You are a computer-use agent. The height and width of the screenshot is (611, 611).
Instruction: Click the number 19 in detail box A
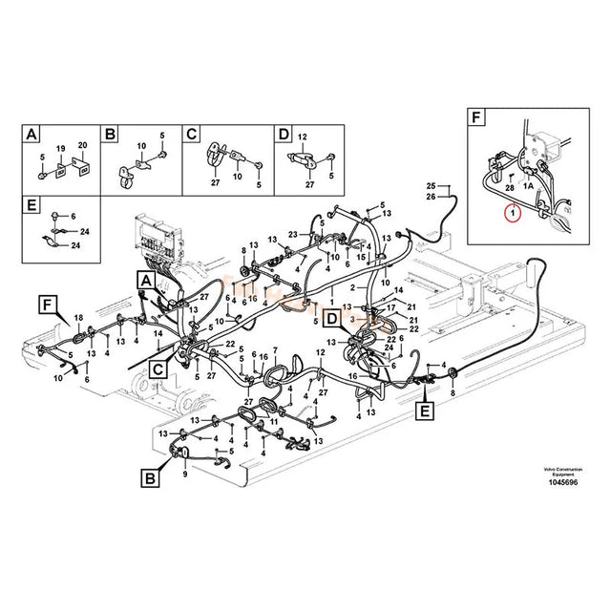59,148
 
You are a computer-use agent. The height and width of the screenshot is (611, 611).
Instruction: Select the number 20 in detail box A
81,145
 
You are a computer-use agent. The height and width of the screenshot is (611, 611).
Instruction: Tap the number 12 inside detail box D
302,138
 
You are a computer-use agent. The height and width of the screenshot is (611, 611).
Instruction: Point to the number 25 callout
431,185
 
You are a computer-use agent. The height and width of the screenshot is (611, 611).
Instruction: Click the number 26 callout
431,197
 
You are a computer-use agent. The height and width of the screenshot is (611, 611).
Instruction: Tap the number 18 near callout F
79,317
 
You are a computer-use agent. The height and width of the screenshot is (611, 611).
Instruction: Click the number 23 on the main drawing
294,235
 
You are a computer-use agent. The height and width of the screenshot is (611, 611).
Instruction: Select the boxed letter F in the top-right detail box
477,119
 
